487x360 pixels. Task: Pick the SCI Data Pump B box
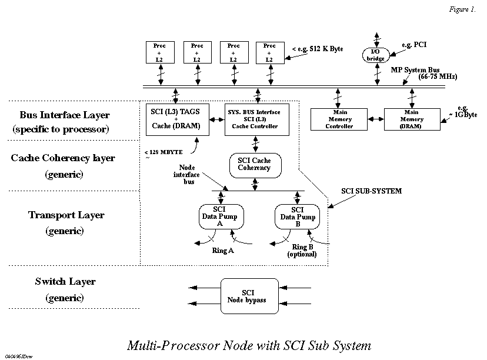(x=297, y=216)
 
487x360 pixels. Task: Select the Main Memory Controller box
(x=339, y=119)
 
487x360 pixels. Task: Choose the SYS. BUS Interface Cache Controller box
(x=253, y=119)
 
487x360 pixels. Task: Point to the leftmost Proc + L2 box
(x=161, y=52)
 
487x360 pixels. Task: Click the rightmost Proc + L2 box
(x=269, y=52)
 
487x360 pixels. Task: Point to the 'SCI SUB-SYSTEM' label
(x=372, y=191)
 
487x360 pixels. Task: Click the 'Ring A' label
(x=223, y=250)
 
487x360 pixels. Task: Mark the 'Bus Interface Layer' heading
(x=65, y=115)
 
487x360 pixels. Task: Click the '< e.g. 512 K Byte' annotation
(x=318, y=49)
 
